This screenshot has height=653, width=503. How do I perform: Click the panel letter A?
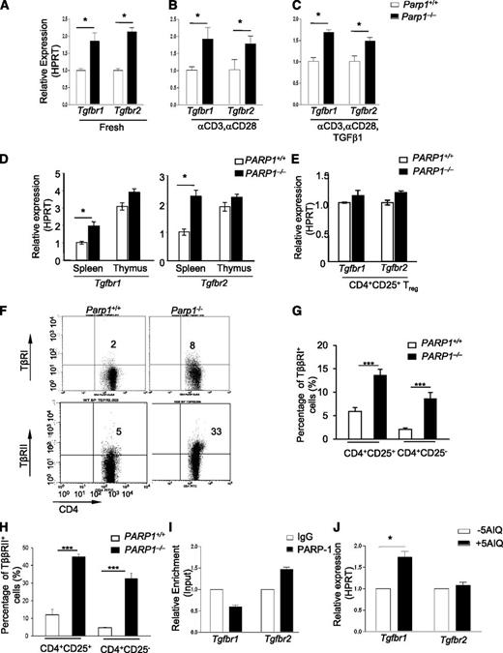click(7, 10)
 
